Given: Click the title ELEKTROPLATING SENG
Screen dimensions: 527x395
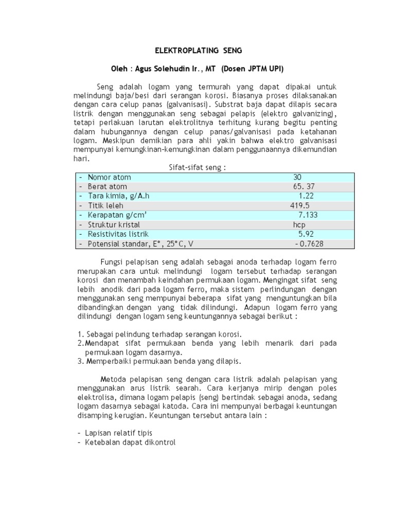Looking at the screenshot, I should pos(199,51).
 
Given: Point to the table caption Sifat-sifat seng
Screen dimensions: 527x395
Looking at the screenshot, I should pos(198,168).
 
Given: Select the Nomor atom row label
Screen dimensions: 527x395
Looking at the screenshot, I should pos(109,177).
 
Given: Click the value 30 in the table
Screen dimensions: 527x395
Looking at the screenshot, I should pos(297,177).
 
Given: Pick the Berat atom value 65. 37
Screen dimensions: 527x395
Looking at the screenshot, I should pos(300,186).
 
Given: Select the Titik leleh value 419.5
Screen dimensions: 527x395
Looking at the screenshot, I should pos(300,205).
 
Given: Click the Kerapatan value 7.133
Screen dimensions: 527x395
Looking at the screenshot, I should pos(308,215).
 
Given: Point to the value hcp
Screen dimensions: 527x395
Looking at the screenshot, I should pos(299,225).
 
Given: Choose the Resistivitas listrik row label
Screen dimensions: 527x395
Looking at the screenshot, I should pos(118,234).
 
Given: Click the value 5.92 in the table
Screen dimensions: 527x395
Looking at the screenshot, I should pos(306,234).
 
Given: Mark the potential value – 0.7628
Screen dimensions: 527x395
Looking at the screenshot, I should pos(309,244).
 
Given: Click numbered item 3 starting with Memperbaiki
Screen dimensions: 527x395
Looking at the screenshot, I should pos(159,361).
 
